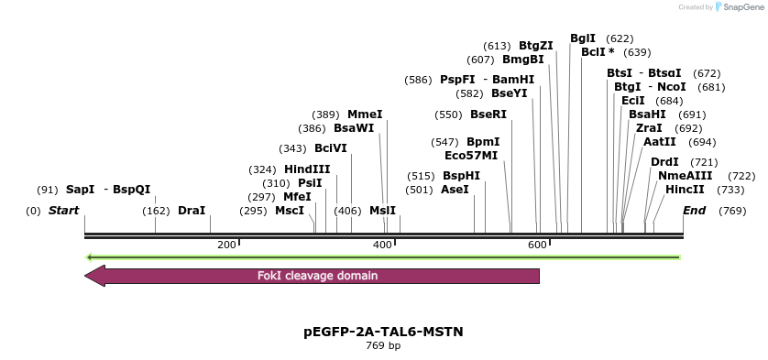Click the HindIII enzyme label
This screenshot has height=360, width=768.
tap(307, 169)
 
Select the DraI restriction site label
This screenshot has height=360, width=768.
tap(192, 211)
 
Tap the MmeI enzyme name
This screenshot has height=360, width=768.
tap(365, 115)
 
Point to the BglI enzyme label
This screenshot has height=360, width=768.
tap(583, 38)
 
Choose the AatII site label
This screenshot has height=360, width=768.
tap(659, 142)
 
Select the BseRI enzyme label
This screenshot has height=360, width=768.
tap(488, 115)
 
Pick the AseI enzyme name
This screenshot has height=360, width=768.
tap(455, 190)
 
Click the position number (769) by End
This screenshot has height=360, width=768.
tap(732, 211)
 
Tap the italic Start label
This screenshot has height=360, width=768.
tap(63, 211)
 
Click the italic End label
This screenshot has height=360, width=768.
tap(695, 211)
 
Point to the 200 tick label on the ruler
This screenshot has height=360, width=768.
tap(226, 245)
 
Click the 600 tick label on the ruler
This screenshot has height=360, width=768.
tap(537, 245)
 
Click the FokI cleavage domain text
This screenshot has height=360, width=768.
tap(317, 276)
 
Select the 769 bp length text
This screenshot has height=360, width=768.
tap(383, 346)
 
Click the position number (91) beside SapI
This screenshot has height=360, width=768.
tap(47, 190)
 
